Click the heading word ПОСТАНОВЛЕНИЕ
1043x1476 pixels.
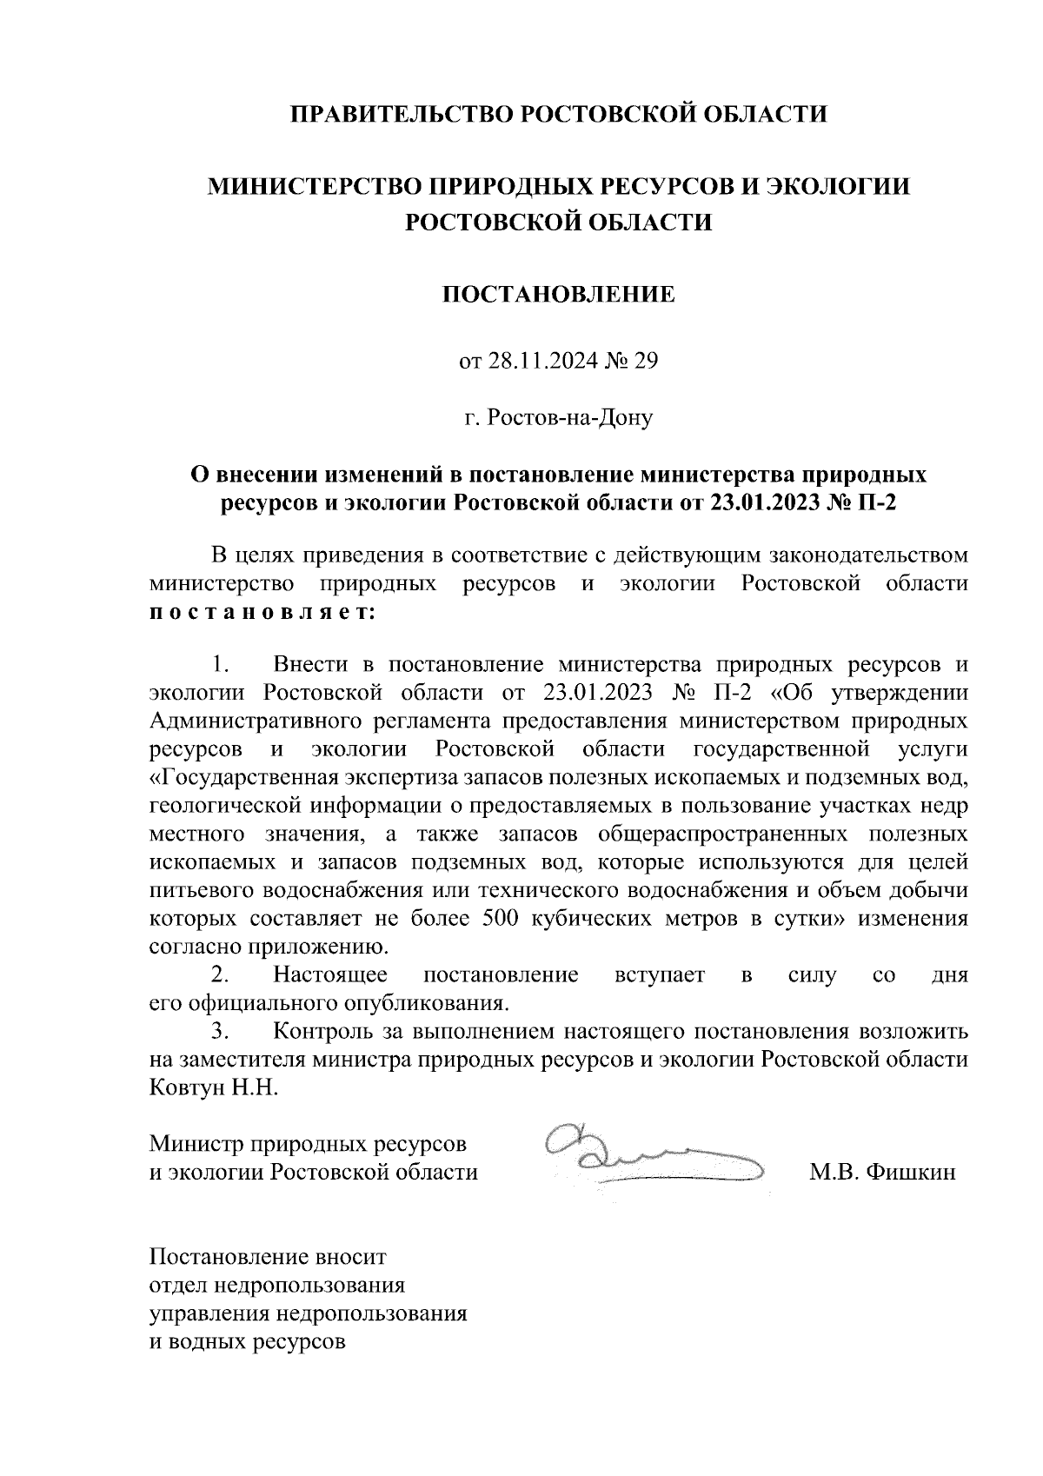pyautogui.click(x=559, y=295)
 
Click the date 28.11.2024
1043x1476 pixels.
pyautogui.click(x=541, y=359)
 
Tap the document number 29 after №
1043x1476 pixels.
pyautogui.click(x=645, y=359)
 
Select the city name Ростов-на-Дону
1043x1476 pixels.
pyautogui.click(x=569, y=418)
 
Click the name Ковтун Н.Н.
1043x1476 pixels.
pyautogui.click(x=214, y=1087)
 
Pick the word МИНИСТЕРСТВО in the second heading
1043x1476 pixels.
pyautogui.click(x=331, y=186)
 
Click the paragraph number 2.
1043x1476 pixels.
pyautogui.click(x=220, y=974)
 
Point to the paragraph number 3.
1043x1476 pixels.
pyautogui.click(x=220, y=1032)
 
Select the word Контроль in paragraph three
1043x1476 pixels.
pyautogui.click(x=324, y=1032)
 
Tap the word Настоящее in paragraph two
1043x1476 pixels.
pyautogui.click(x=330, y=974)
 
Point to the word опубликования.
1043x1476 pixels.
pyautogui.click(x=420, y=1002)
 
